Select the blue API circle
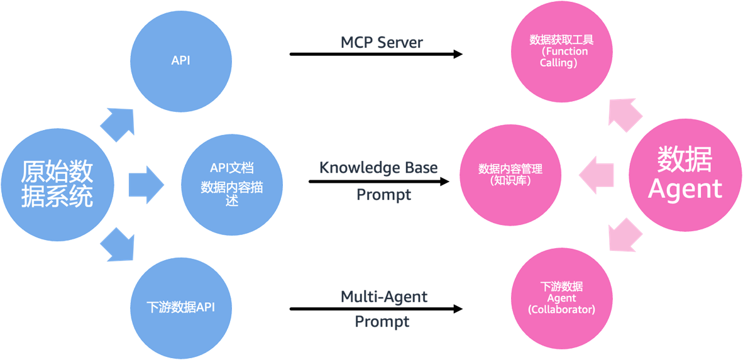click(x=180, y=61)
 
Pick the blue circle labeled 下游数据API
click(x=180, y=308)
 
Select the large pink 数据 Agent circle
click(x=685, y=173)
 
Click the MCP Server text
click(x=382, y=43)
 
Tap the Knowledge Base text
click(x=378, y=168)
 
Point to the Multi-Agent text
click(x=383, y=296)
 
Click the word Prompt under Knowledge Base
click(x=383, y=195)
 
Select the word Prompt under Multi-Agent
click(x=382, y=322)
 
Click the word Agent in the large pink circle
click(x=685, y=189)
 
